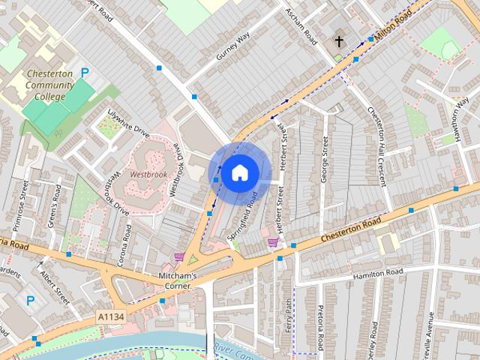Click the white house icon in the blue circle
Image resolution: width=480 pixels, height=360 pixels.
click(238, 173)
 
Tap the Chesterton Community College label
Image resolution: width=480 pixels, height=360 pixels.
click(49, 85)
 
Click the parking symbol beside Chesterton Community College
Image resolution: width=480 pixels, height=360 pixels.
click(85, 73)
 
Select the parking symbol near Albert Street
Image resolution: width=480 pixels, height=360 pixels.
click(31, 300)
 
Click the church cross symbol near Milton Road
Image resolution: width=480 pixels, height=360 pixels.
click(339, 40)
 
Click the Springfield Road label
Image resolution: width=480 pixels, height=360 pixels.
click(244, 214)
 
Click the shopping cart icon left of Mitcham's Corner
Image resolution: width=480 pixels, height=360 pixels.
click(178, 257)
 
